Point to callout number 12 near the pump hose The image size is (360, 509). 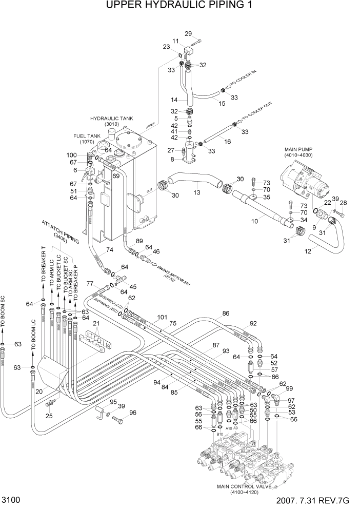click(308, 251)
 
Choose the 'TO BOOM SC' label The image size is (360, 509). click(4, 312)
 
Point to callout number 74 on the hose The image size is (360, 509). click(109, 250)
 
